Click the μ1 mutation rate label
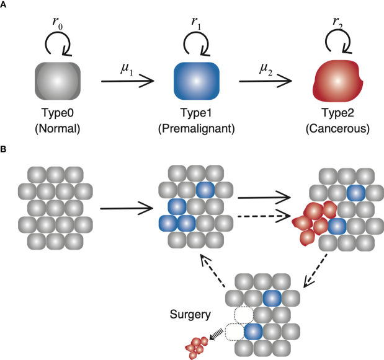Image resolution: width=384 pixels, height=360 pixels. click(x=127, y=64)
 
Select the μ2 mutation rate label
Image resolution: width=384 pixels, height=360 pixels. click(x=263, y=64)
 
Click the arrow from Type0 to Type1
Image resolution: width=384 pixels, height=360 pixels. click(x=128, y=82)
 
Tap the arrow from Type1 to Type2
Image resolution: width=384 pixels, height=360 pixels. click(x=264, y=82)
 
